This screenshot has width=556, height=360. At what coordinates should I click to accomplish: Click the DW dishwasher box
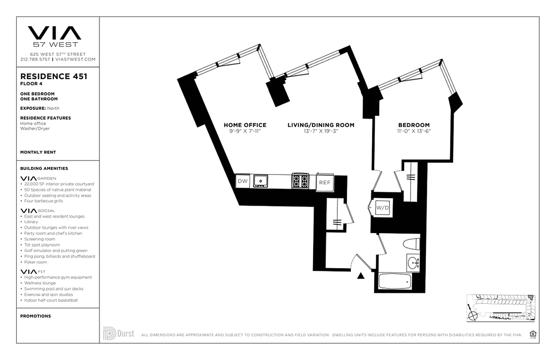coord(242,181)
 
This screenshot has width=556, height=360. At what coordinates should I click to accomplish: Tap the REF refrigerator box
coord(325,182)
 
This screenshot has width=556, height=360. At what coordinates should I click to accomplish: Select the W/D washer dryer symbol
coord(382,207)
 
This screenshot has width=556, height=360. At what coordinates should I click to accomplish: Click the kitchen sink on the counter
coord(260,181)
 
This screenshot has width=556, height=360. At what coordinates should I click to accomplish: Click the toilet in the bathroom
coord(411,244)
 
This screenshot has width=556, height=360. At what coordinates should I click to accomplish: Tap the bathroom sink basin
coord(413,262)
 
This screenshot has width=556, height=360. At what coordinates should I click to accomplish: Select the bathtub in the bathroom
coord(395,281)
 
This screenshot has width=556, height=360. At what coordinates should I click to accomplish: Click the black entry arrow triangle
coord(361,276)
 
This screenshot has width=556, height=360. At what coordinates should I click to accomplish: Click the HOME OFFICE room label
coord(245,125)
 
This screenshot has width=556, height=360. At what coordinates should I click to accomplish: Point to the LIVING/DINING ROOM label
coord(321,125)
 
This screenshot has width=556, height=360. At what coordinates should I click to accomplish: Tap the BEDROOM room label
coord(413,125)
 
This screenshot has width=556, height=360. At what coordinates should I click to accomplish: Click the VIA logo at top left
coord(55,33)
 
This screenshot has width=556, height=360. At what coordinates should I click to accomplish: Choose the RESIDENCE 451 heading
coord(54,76)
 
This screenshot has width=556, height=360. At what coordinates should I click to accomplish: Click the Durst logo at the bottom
coord(119,333)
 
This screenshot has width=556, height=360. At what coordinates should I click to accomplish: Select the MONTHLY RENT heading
coord(38,152)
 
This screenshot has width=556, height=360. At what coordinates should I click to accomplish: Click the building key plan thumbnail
coord(501,307)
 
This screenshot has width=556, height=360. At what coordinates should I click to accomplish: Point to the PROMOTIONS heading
coord(35,316)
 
